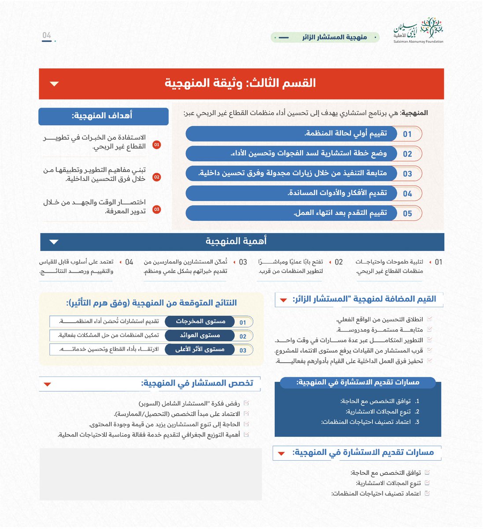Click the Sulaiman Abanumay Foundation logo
pyautogui.click(x=418, y=30)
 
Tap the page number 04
pyautogui.click(x=47, y=36)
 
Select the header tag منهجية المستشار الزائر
pyautogui.click(x=325, y=37)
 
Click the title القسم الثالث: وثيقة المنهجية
pyautogui.click(x=240, y=83)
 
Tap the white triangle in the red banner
pyautogui.click(x=55, y=84)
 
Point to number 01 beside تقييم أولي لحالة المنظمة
pyautogui.click(x=407, y=134)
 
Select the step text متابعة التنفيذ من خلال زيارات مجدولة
pyautogui.click(x=293, y=173)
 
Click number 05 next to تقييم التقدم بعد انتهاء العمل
pyautogui.click(x=407, y=213)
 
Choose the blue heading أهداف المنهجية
pyautogui.click(x=103, y=116)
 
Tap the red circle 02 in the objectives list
pyautogui.click(x=156, y=177)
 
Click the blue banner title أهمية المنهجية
pyautogui.click(x=236, y=241)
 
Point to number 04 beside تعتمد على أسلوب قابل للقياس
pyautogui.click(x=129, y=262)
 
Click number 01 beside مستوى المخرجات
pyautogui.click(x=243, y=322)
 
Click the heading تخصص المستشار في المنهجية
pyautogui.click(x=197, y=383)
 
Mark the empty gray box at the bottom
pyautogui.click(x=150, y=474)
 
